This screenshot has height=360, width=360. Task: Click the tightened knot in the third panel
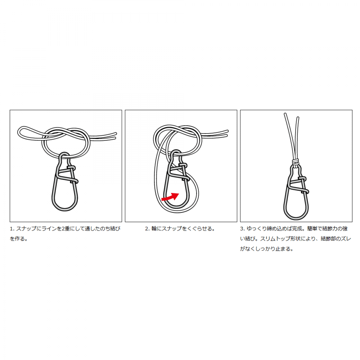(x=295, y=162)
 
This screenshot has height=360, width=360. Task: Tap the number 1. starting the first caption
(x=12, y=229)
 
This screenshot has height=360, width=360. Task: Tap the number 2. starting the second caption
(x=147, y=229)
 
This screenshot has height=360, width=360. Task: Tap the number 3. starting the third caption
(x=242, y=229)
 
